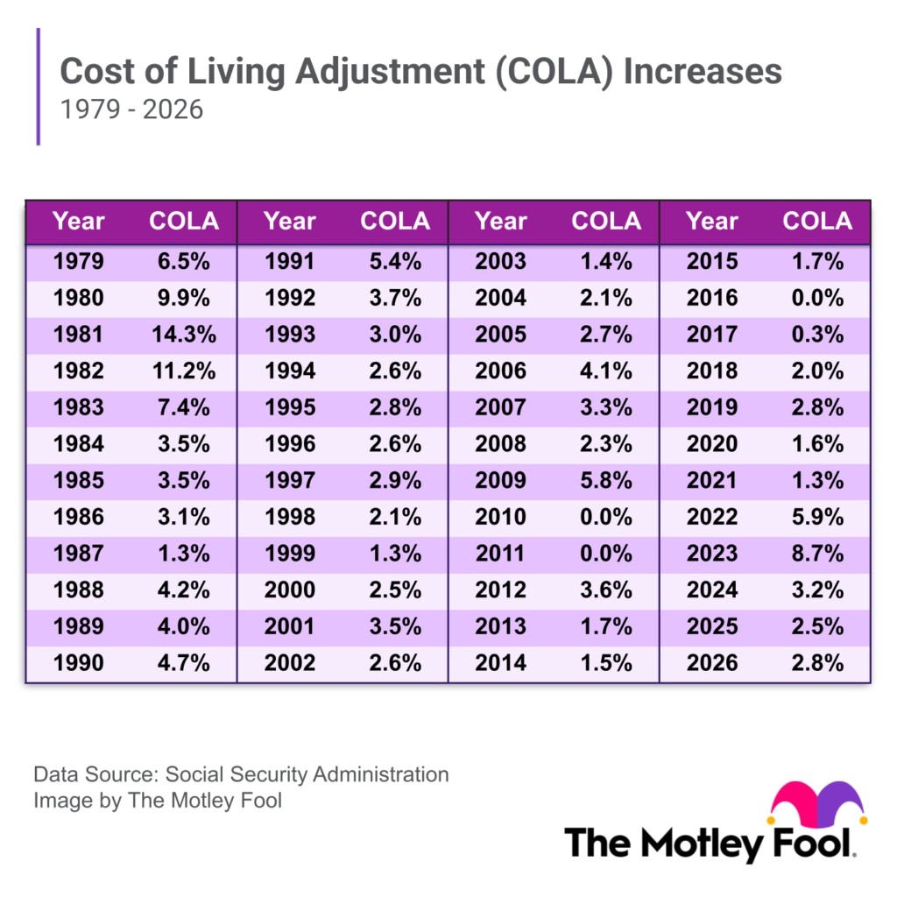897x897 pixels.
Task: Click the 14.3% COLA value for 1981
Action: tap(184, 334)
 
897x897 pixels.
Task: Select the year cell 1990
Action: tap(78, 662)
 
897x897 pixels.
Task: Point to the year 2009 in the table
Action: tap(500, 480)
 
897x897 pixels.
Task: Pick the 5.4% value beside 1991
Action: tap(395, 261)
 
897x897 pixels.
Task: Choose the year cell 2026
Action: tap(711, 662)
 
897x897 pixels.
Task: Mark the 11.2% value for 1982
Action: tap(184, 371)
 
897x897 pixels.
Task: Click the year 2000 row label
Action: tap(289, 590)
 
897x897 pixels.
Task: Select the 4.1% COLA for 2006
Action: tap(605, 371)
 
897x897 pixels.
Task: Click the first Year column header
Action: tap(78, 221)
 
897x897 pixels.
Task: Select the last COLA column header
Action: tap(816, 221)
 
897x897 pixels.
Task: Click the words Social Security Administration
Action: tap(307, 774)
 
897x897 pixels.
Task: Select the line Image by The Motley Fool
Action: tap(158, 800)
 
